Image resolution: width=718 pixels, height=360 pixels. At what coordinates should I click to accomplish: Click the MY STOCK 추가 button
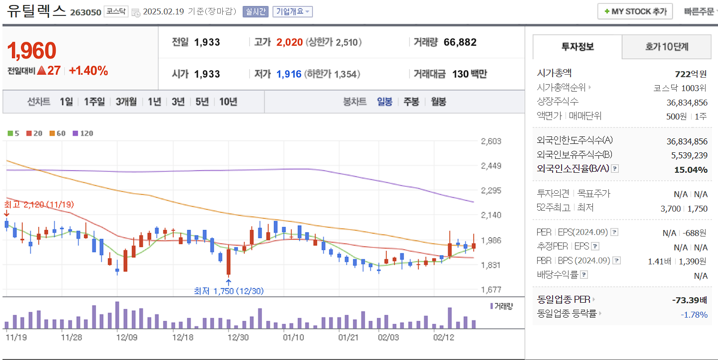coord(635,11)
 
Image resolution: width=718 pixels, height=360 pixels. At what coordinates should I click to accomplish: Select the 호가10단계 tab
coord(666,47)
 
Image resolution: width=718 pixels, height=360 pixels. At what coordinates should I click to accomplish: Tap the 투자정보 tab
coord(577,47)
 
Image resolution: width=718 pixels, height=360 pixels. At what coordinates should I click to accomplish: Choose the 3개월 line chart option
coord(126,102)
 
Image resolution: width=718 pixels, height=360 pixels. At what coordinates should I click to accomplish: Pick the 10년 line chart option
coord(228,102)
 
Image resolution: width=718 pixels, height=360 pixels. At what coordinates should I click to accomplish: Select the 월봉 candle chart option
coord(438,102)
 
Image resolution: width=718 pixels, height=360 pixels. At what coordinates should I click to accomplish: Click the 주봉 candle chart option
coord(411,102)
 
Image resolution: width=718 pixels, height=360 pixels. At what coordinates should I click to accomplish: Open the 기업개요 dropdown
coord(292,11)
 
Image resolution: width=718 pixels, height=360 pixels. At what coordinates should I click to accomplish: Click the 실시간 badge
coord(256,11)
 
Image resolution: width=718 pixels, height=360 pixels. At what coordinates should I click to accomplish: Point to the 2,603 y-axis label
coord(491,141)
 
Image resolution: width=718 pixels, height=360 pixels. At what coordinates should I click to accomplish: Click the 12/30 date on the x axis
coord(238,337)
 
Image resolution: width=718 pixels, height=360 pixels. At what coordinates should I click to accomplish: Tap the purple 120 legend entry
coord(83,133)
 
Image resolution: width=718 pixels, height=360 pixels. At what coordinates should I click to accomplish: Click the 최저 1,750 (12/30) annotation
coord(228,291)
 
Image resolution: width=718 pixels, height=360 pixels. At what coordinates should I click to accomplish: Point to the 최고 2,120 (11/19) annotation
coord(39,204)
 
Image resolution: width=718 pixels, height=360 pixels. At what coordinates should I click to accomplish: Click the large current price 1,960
coord(32,50)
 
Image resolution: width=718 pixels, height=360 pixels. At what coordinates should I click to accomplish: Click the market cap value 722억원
coord(691,74)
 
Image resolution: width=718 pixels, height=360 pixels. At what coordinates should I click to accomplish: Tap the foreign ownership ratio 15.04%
coord(691,170)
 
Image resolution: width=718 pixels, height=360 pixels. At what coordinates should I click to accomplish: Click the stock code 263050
coord(86,12)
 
